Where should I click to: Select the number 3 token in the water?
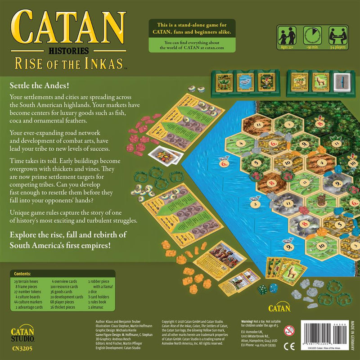point(256,204)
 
